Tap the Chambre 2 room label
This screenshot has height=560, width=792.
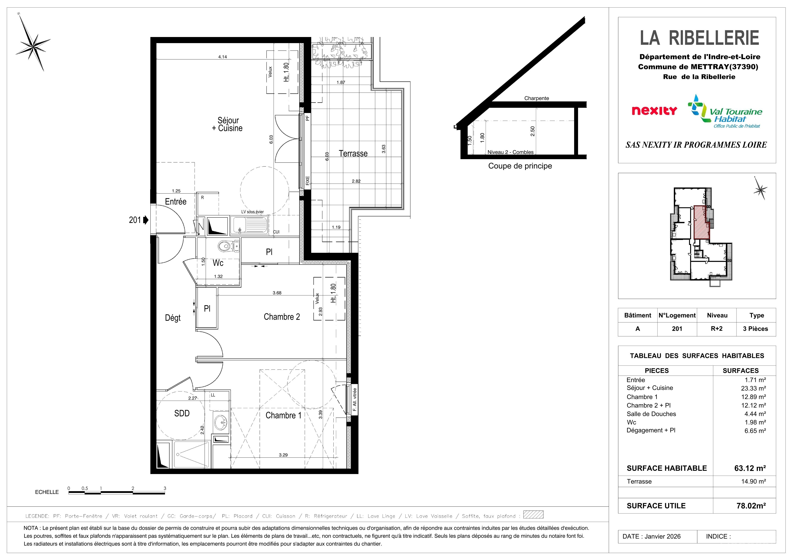tap(282, 317)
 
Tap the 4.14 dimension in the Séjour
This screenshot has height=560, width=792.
tap(222, 57)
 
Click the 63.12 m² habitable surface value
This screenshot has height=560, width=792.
tap(750, 468)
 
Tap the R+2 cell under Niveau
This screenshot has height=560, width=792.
tap(716, 329)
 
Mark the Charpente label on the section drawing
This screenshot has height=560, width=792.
tap(536, 98)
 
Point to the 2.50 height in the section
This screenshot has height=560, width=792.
tap(533, 131)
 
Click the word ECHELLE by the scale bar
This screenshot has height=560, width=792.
tap(47, 492)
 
